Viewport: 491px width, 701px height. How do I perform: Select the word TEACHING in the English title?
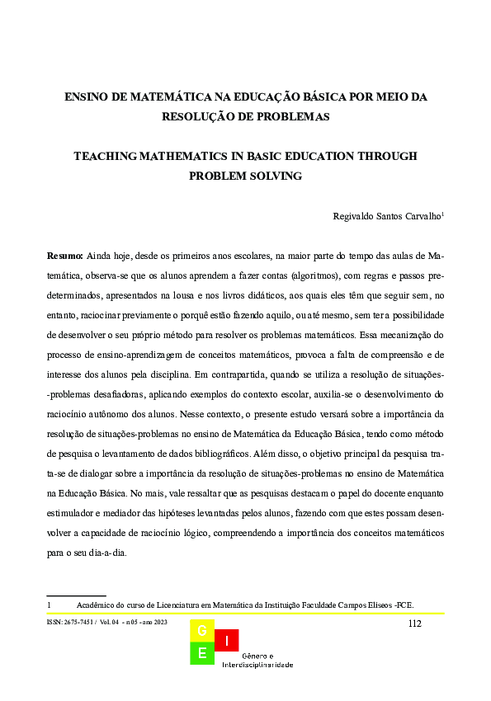tap(105, 156)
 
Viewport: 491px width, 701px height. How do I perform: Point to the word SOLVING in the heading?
tap(276, 176)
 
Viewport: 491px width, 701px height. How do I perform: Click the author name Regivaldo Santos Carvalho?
tap(386, 217)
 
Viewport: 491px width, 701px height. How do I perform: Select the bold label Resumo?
tap(65, 256)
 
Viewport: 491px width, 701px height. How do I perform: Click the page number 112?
tap(415, 623)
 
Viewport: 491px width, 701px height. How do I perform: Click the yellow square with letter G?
tap(202, 632)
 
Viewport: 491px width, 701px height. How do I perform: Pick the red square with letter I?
tap(227, 639)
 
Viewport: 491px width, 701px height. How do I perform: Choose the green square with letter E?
tap(202, 654)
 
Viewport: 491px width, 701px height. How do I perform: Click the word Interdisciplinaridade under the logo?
tap(257, 665)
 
